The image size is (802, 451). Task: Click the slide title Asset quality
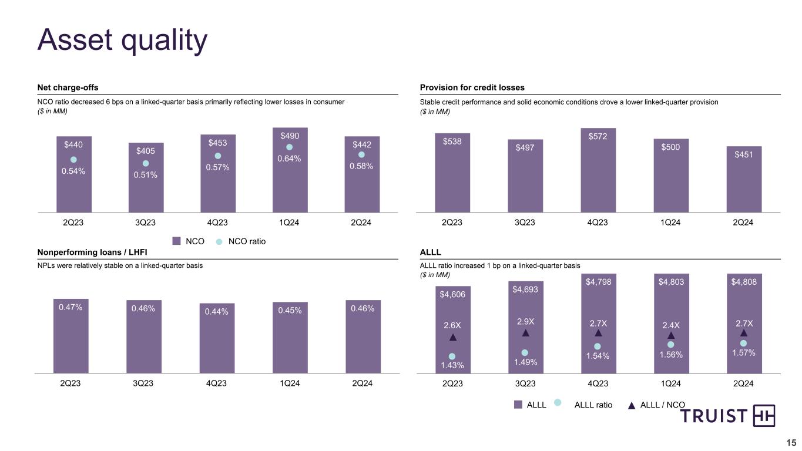(x=122, y=40)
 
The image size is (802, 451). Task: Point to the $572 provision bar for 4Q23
(x=598, y=176)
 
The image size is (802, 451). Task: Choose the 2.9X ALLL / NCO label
(x=525, y=321)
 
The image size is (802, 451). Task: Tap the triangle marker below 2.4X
(x=671, y=335)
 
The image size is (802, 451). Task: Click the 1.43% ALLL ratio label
(x=452, y=365)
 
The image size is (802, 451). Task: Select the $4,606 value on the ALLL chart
(x=452, y=294)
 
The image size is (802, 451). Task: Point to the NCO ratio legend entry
(x=240, y=241)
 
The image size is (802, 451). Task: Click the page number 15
(x=791, y=443)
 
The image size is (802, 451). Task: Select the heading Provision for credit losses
(x=472, y=87)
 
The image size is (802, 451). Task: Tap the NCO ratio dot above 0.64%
(x=289, y=147)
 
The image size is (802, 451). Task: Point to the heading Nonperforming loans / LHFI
(x=92, y=252)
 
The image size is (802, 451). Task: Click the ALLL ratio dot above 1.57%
(x=743, y=343)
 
